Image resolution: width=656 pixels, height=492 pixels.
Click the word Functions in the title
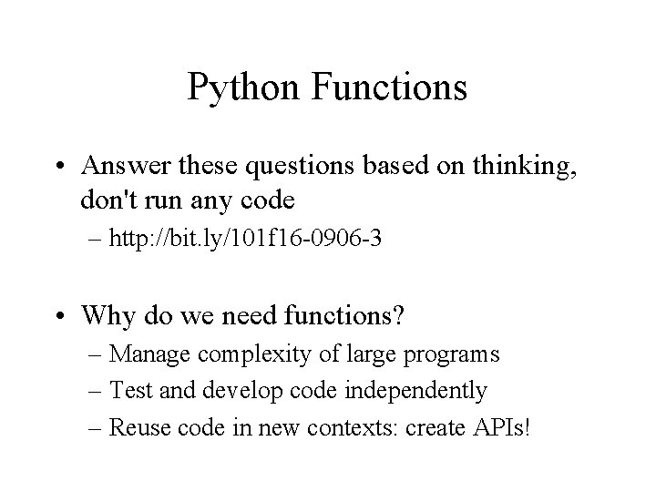click(x=390, y=88)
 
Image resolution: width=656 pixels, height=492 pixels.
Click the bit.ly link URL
click(x=244, y=241)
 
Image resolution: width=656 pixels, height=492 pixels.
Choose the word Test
click(x=127, y=392)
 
